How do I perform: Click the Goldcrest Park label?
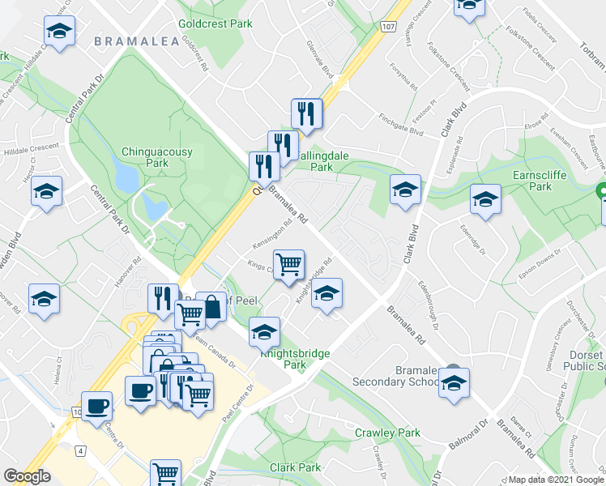(x=216, y=24)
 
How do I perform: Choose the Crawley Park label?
(x=386, y=433)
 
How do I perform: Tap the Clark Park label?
(x=296, y=467)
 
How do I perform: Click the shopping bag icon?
(x=211, y=308)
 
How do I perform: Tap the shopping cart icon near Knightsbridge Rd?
(x=288, y=264)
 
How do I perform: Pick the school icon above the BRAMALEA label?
(x=59, y=32)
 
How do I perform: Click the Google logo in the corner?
(x=27, y=476)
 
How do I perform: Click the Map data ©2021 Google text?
(x=555, y=480)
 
